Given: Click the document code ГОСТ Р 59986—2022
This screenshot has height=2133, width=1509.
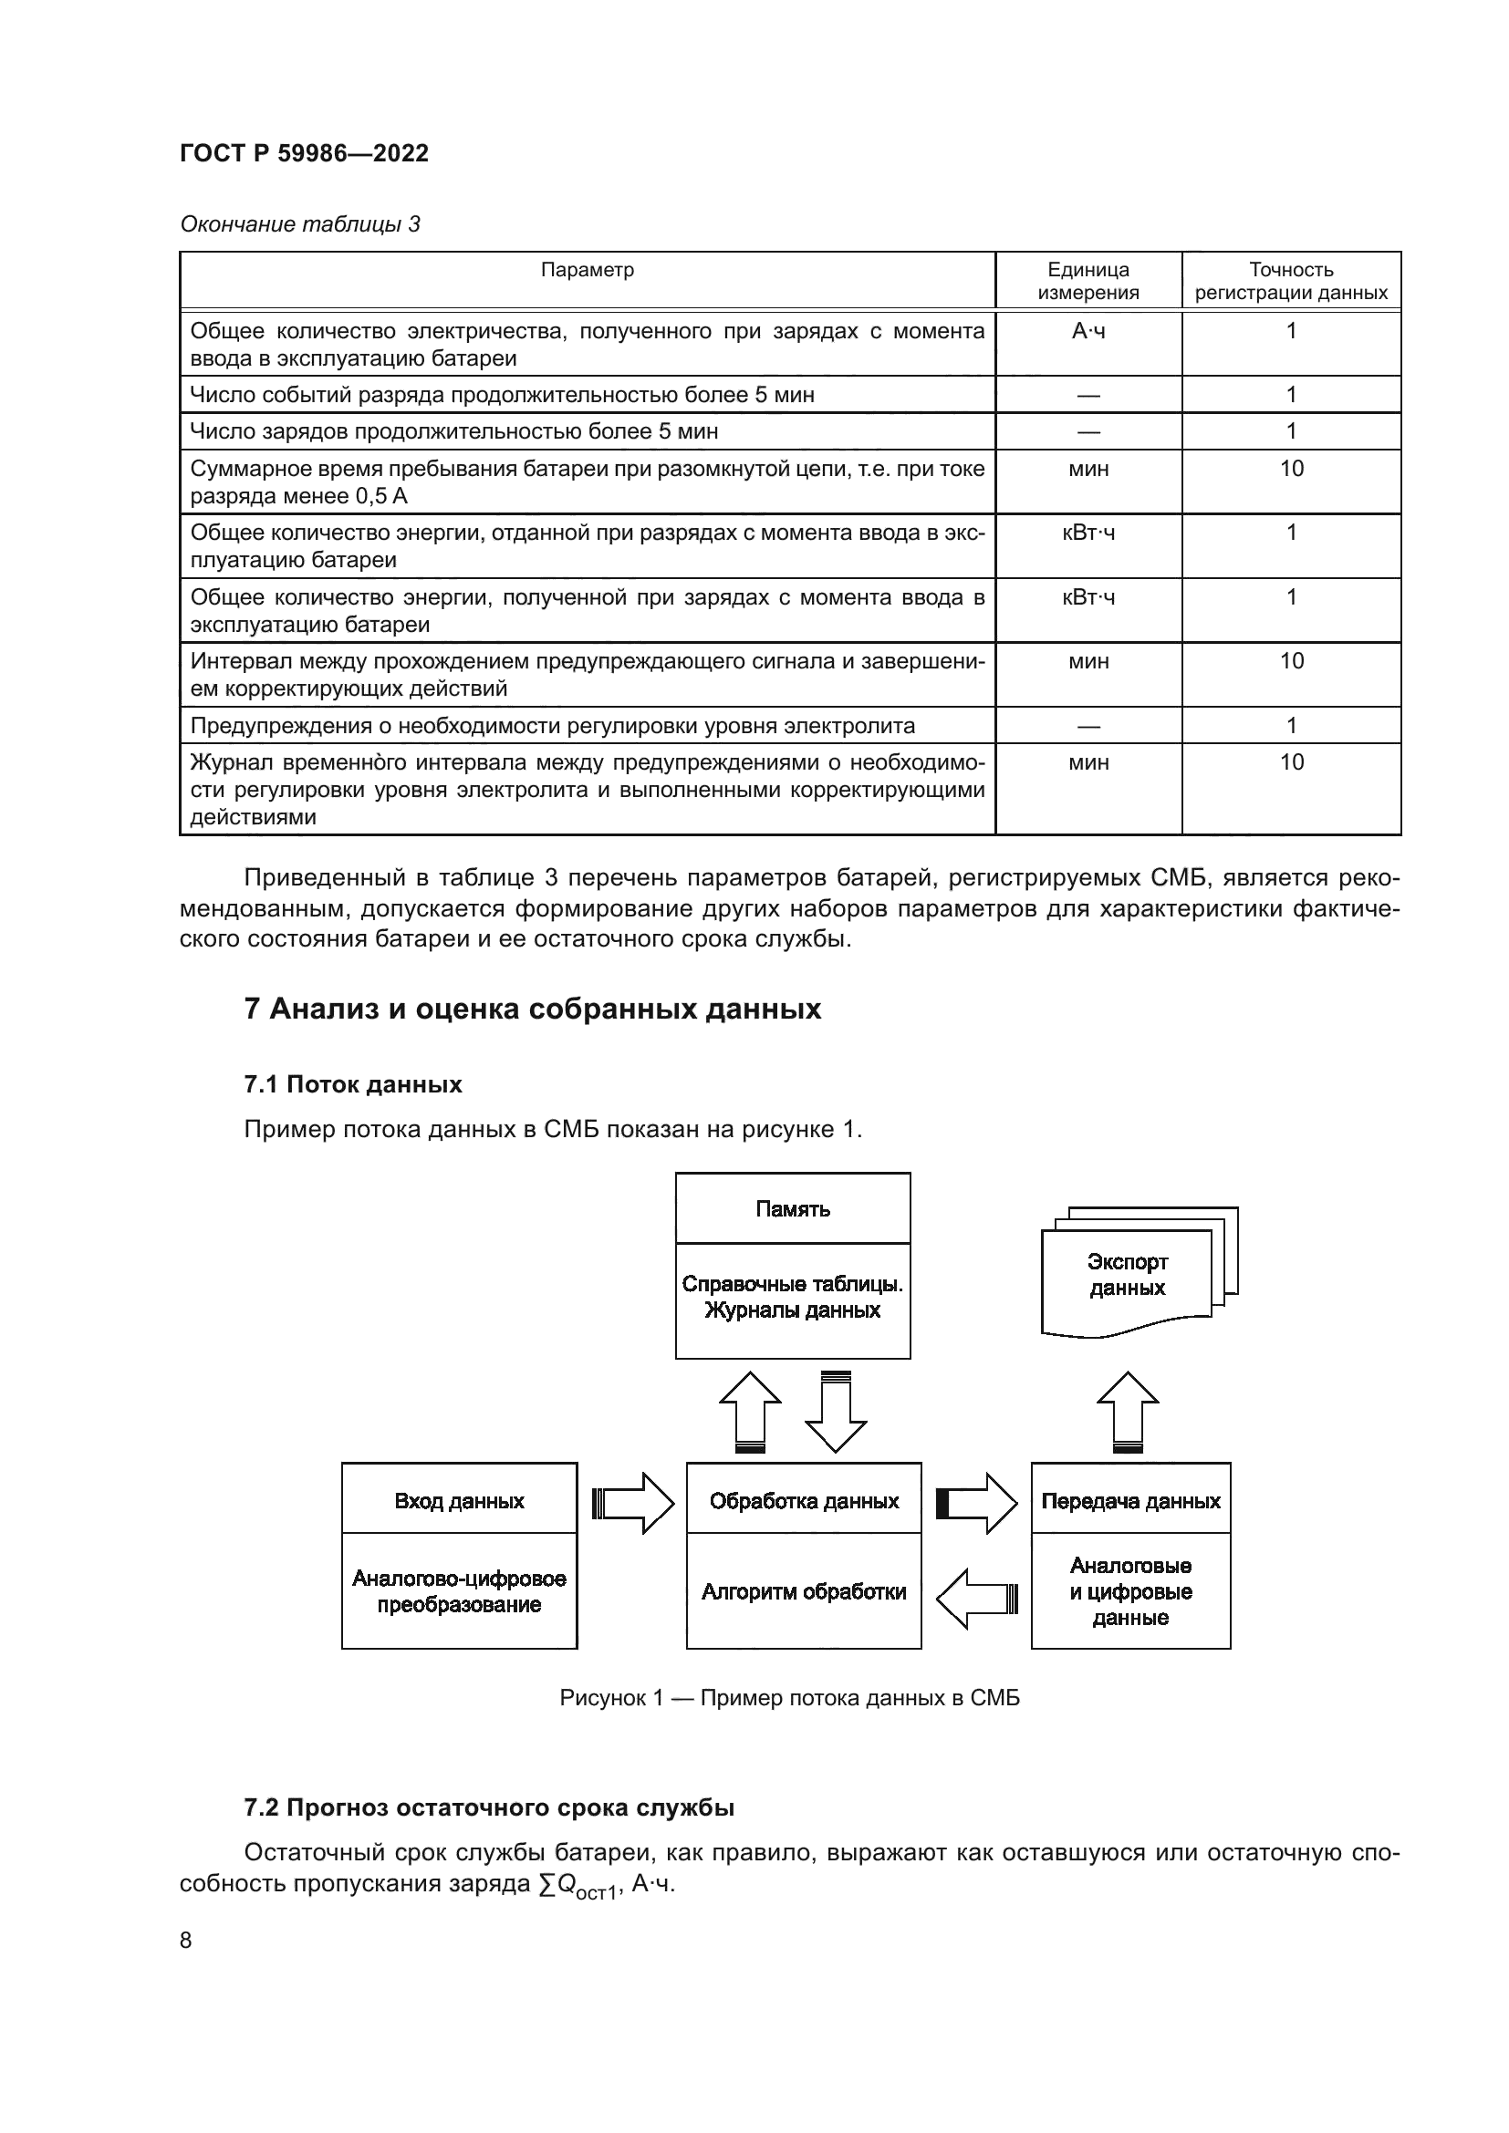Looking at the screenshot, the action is [304, 153].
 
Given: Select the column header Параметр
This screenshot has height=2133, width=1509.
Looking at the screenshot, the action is [588, 270].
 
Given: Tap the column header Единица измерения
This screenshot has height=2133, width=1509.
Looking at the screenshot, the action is [1088, 281].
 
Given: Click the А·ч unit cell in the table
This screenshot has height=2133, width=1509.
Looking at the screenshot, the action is [1088, 332].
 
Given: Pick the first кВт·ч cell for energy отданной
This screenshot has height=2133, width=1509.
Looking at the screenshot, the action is [1088, 533].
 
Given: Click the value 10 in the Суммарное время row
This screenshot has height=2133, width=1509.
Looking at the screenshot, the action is [1292, 469].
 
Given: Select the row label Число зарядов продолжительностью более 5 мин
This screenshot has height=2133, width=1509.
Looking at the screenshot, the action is [453, 432].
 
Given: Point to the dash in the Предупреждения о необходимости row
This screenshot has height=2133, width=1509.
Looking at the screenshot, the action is [1088, 727].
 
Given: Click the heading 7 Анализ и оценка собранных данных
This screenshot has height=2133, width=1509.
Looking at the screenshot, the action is [533, 1010].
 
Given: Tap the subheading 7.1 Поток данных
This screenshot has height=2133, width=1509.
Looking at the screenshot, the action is [353, 1084].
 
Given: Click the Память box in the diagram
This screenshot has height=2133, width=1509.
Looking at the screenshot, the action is [793, 1209].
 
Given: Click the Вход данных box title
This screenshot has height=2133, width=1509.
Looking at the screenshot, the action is [459, 1501].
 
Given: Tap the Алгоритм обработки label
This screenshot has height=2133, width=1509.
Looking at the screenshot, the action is [804, 1592].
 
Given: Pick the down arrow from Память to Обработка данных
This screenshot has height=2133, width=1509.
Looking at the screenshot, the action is [836, 1412].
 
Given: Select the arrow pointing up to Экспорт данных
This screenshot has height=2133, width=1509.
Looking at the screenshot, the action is [1127, 1412].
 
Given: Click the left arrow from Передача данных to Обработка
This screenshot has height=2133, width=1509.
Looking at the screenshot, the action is [976, 1599].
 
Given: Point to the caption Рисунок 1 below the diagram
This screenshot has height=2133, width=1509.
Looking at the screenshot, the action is [789, 1698].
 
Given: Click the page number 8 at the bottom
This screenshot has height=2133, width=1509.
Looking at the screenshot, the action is [186, 1941].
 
